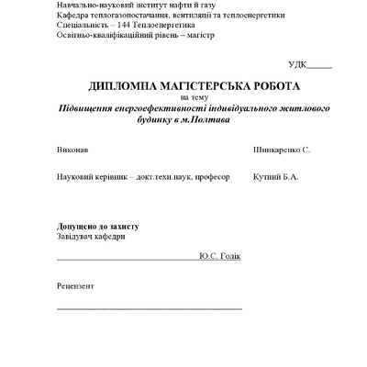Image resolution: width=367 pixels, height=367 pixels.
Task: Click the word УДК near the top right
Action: pos(296,64)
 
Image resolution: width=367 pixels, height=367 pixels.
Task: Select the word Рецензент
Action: pos(75,285)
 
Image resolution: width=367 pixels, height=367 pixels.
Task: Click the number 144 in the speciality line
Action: pos(118,26)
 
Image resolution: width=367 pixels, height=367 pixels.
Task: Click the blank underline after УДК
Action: pos(320,67)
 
